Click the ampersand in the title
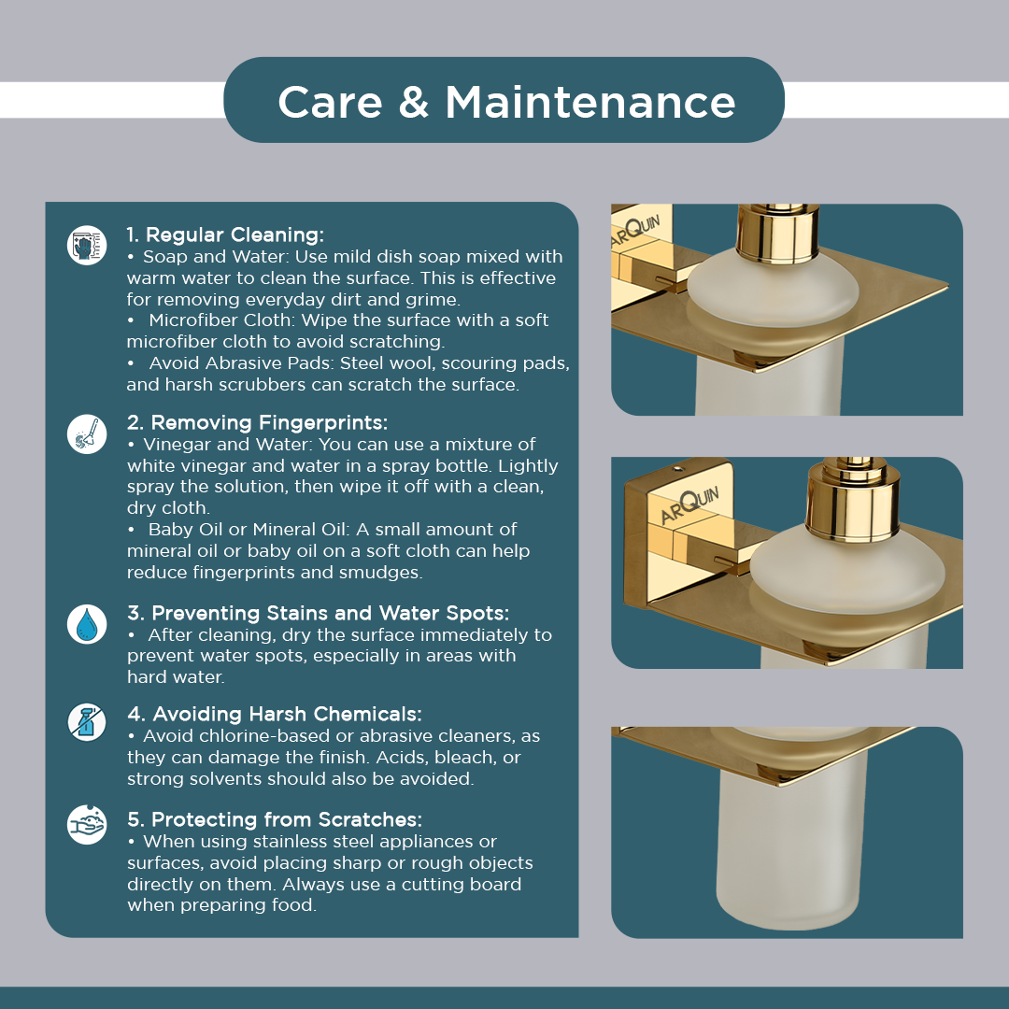(414, 103)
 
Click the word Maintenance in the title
(590, 103)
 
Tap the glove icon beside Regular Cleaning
(87, 245)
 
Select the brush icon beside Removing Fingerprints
(87, 433)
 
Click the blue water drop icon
(87, 624)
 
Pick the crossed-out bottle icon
(87, 721)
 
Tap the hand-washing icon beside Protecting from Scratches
(87, 824)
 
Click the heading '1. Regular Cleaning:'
(225, 234)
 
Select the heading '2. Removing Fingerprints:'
(258, 423)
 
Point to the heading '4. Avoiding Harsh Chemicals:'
(274, 715)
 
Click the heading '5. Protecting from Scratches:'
(275, 820)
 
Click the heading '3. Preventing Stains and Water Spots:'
(318, 613)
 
